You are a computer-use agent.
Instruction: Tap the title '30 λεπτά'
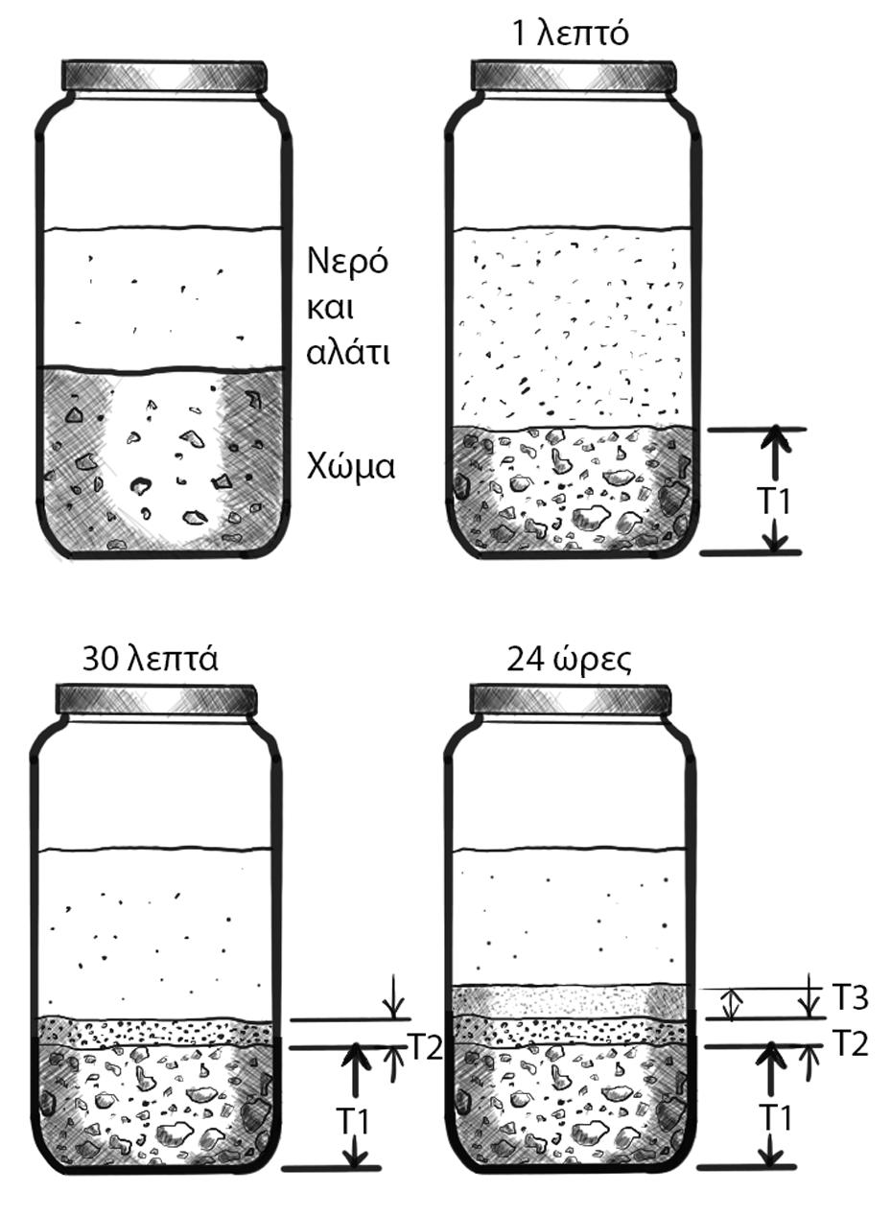[x=151, y=660]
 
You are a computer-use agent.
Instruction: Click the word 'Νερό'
[x=347, y=261]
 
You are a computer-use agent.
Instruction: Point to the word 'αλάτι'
[x=348, y=352]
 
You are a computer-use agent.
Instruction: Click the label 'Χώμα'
[x=351, y=467]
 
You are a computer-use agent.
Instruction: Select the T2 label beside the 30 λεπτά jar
[x=426, y=1047]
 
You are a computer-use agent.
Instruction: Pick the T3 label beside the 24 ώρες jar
[x=850, y=998]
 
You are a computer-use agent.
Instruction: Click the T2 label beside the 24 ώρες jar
[x=850, y=1043]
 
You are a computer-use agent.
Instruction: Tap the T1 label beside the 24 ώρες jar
[x=778, y=1118]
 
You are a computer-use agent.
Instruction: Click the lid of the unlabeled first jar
[x=163, y=77]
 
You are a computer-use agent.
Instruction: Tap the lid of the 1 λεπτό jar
[x=573, y=77]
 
